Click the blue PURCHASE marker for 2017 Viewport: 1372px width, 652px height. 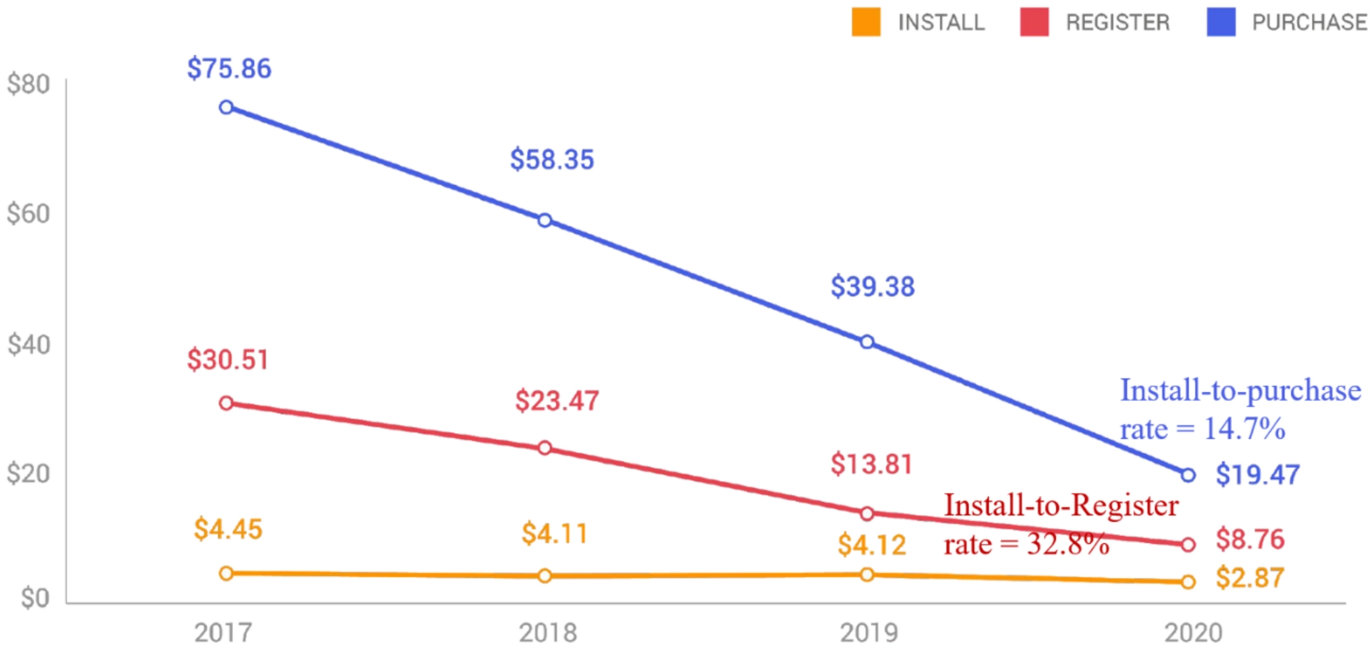[226, 107]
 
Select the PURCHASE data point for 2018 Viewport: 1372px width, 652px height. [545, 221]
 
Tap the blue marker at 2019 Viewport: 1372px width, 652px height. [867, 342]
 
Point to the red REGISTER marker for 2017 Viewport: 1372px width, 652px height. [226, 403]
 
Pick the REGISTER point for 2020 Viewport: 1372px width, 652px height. [1188, 545]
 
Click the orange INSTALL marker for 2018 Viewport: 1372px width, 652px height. [545, 576]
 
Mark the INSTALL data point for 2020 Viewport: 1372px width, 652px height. [1188, 582]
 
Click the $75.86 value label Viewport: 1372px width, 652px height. [229, 69]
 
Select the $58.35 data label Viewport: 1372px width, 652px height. [552, 160]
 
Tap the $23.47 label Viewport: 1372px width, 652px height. [557, 401]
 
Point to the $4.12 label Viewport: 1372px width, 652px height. [872, 545]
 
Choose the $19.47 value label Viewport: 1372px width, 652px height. [1257, 475]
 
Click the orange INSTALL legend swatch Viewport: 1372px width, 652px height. [866, 22]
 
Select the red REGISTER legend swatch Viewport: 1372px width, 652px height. [1034, 22]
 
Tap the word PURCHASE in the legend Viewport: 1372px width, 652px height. [1309, 23]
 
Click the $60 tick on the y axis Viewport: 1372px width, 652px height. [28, 214]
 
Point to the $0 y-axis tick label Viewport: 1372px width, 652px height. [36, 598]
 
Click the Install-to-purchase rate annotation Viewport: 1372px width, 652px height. [1240, 409]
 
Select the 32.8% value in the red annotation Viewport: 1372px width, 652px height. [1068, 545]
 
